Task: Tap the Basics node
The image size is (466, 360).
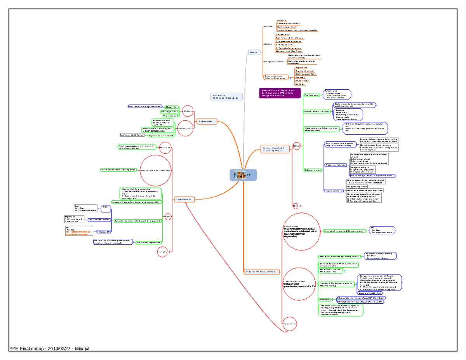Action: click(254, 52)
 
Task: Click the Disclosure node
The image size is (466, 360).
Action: click(226, 97)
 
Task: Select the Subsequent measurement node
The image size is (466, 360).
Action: click(263, 271)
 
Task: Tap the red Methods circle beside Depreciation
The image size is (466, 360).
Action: click(188, 111)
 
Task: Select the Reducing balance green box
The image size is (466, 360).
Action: click(169, 111)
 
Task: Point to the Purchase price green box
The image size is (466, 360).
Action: click(311, 94)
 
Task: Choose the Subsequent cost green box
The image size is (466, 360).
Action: click(312, 170)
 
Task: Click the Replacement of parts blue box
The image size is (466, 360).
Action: click(335, 165)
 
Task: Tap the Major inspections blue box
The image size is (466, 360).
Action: click(334, 190)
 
